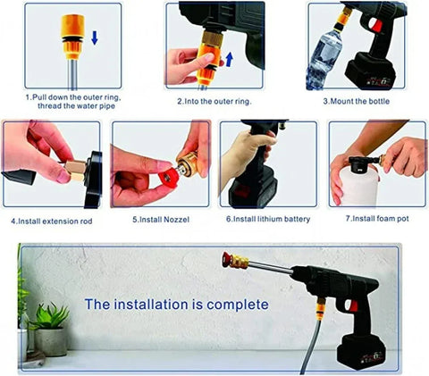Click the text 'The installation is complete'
pos(176,305)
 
